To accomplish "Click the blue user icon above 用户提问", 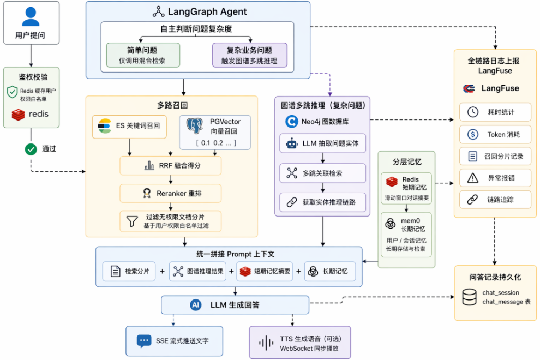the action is click(31, 16).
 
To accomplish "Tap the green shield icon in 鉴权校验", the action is click(13, 92).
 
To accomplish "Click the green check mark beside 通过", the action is click(31, 149).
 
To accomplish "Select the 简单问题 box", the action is click(143, 55).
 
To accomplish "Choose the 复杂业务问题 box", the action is click(250, 55).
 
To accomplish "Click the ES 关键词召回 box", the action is click(129, 127).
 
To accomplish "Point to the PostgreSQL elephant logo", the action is click(195, 126).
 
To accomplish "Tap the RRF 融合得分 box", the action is click(171, 166).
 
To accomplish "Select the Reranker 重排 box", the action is click(171, 193).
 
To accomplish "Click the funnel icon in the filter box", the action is click(132, 221).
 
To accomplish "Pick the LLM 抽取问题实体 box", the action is click(323, 143).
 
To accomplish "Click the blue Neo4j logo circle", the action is click(292, 122).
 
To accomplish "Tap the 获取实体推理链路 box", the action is click(323, 202).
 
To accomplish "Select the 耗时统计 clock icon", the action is click(473, 112).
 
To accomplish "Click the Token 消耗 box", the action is click(495, 134).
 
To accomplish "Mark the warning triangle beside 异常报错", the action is click(473, 178).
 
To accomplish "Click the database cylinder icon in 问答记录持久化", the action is click(470, 297).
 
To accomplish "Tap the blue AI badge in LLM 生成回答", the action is click(196, 305).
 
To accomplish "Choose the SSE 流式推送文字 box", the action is click(174, 341).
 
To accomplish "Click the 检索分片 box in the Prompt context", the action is click(129, 272).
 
